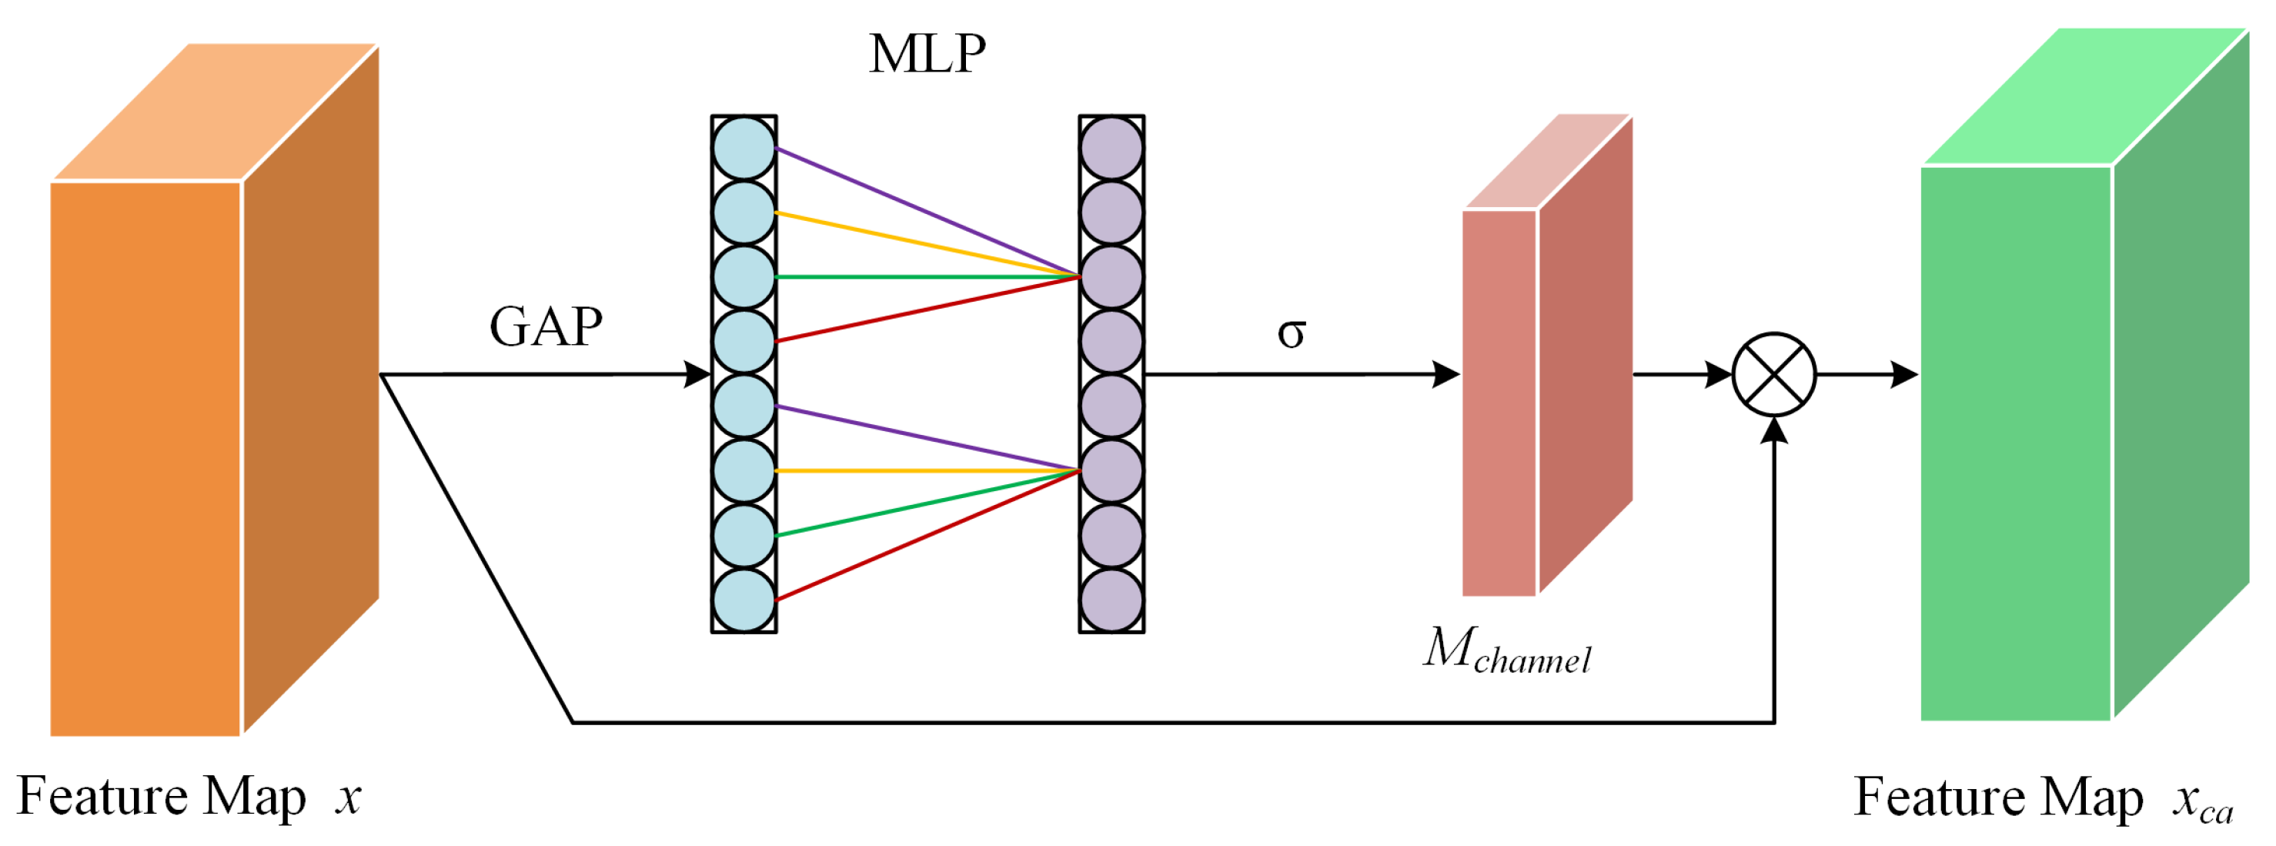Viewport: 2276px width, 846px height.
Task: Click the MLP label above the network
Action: click(x=927, y=55)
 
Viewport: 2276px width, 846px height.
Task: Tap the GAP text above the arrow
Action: click(x=546, y=327)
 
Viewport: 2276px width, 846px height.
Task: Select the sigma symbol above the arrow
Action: click(x=1291, y=333)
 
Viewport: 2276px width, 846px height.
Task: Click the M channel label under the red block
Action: click(x=1507, y=650)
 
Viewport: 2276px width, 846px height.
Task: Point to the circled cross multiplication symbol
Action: click(x=1774, y=375)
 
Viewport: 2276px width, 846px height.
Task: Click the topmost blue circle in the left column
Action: click(x=744, y=149)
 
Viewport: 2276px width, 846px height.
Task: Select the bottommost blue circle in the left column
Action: click(x=744, y=600)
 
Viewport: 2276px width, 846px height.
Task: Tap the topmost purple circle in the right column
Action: click(x=1111, y=149)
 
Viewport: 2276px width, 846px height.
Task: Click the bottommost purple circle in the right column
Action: click(x=1111, y=600)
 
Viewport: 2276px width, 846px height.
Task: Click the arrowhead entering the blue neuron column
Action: click(x=698, y=375)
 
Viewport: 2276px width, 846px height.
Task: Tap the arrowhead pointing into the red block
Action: click(x=1445, y=375)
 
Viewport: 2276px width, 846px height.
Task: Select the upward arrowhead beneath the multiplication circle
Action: click(x=1774, y=431)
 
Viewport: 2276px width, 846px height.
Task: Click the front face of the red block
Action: click(x=1499, y=403)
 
